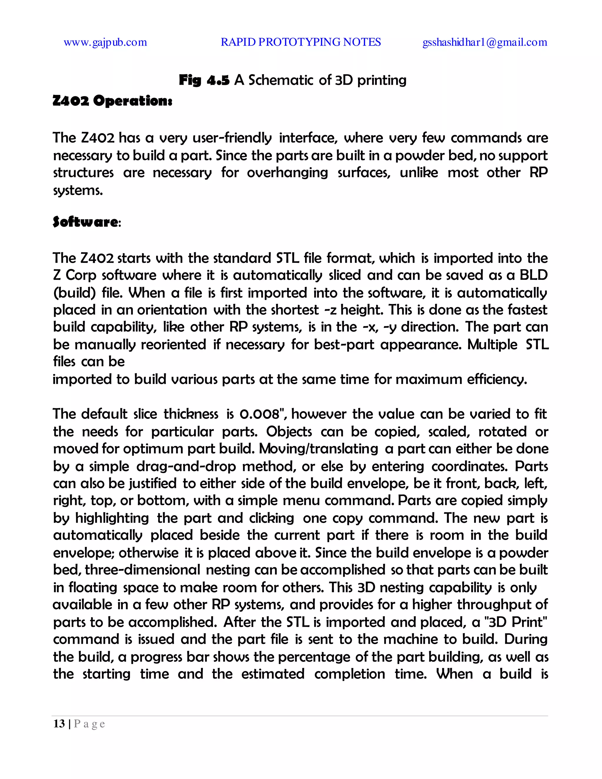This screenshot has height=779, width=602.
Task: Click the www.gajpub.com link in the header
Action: coord(105,42)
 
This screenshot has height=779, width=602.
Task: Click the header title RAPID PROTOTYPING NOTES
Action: coord(301,42)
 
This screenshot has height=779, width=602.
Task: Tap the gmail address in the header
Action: coord(485,42)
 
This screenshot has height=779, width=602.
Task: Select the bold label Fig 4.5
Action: coord(204,80)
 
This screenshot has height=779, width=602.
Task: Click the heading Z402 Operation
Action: coord(112,101)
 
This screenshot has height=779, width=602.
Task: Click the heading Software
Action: coord(85,222)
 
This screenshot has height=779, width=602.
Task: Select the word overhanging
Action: coord(287,173)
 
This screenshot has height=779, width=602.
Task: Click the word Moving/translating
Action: coord(318,449)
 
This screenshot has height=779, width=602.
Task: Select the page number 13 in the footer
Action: coord(59,724)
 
